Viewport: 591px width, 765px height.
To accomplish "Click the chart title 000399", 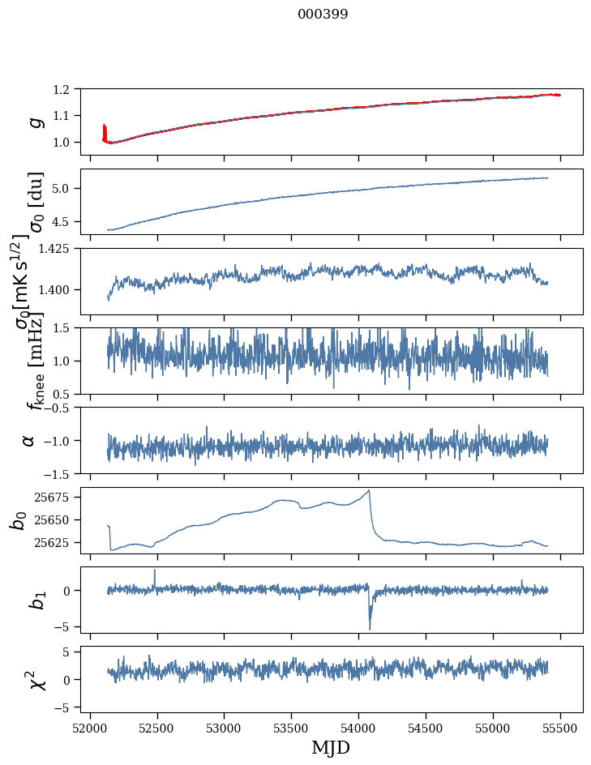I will point(323,15).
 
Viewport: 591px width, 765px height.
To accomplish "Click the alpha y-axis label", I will point(28,440).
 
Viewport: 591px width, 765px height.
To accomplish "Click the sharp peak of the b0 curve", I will point(370,489).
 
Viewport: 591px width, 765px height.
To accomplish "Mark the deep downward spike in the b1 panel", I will point(370,629).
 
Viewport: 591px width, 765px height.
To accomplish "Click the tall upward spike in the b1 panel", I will point(155,570).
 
